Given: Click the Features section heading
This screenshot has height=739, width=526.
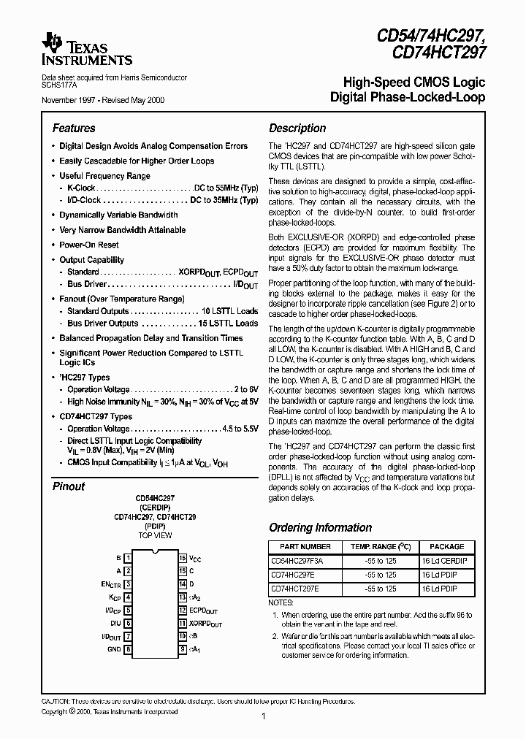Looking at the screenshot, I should [74, 128].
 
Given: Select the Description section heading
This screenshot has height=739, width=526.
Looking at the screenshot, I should [297, 128].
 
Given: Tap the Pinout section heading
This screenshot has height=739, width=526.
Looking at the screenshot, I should [69, 486].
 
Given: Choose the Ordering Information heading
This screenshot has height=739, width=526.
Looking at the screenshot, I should [320, 527].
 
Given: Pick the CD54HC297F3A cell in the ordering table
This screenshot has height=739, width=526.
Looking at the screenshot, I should [297, 561].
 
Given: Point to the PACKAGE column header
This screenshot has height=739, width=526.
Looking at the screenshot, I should [446, 546].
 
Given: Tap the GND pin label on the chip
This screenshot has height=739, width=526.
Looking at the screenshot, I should [114, 648].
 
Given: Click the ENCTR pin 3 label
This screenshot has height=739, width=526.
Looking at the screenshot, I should [111, 585].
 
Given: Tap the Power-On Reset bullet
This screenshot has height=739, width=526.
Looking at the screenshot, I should [89, 245].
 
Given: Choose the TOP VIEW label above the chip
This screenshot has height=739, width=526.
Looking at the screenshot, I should [155, 535].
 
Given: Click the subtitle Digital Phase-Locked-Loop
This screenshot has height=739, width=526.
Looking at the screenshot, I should [408, 97].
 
